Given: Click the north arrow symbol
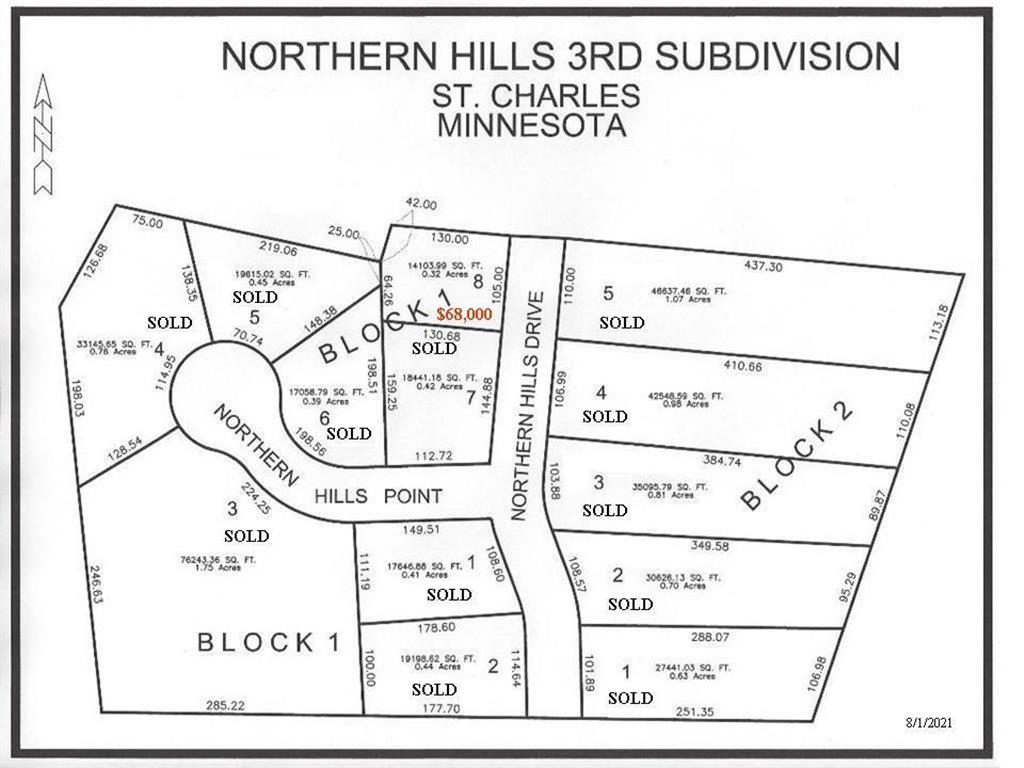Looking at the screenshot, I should point(44,135).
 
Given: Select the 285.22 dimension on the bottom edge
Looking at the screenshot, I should point(224,705).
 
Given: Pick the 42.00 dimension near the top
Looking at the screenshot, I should point(421,204).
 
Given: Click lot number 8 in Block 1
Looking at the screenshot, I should point(478,282).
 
